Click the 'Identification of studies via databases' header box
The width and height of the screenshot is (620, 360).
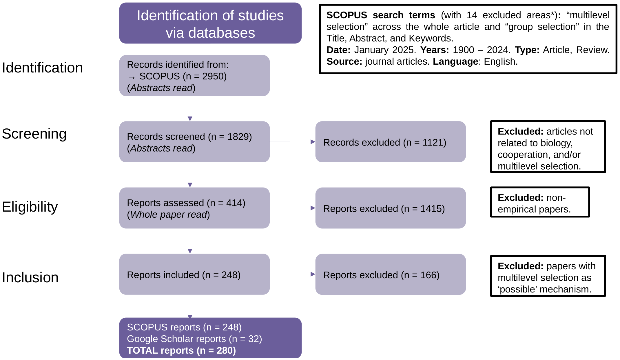click(210, 23)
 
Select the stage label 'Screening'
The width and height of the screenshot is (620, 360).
click(34, 134)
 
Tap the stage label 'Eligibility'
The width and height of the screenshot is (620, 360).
click(30, 207)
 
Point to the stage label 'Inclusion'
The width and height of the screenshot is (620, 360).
click(30, 278)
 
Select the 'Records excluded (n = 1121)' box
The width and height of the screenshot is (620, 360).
click(390, 142)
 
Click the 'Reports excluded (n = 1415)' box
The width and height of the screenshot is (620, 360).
click(390, 208)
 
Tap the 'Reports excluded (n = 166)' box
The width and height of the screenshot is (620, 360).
click(390, 274)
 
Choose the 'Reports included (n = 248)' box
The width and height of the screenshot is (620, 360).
click(194, 274)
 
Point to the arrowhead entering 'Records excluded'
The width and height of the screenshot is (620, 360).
click(313, 142)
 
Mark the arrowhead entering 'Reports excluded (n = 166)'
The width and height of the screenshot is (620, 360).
click(313, 274)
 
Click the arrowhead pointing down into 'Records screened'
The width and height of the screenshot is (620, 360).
click(190, 119)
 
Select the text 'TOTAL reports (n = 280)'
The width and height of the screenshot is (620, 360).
click(181, 350)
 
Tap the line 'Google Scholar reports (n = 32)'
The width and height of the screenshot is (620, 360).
click(194, 339)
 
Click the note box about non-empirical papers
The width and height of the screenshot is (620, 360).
click(540, 202)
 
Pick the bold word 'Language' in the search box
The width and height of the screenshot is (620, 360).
click(455, 61)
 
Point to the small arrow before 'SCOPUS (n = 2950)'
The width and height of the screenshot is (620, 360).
click(132, 77)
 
